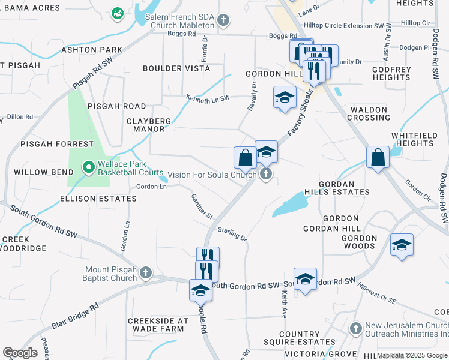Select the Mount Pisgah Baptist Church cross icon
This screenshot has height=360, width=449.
pyautogui.click(x=146, y=274)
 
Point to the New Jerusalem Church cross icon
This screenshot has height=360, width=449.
pyautogui.click(x=356, y=328)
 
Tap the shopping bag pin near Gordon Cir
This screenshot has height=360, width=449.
pyautogui.click(x=377, y=158)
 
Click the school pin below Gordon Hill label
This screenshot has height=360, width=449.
pyautogui.click(x=285, y=97)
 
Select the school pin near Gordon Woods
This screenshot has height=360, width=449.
pyautogui.click(x=402, y=245)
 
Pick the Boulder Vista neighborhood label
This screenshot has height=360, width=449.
pyautogui.click(x=176, y=68)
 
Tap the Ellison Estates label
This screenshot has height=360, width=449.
pyautogui.click(x=98, y=198)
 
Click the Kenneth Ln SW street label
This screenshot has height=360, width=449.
pyautogui.click(x=208, y=98)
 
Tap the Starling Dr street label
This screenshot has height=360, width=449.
pyautogui.click(x=232, y=233)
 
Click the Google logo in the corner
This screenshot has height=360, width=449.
pyautogui.click(x=20, y=353)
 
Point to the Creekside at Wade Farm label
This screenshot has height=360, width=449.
pyautogui.click(x=156, y=325)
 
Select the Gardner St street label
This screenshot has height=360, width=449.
pyautogui.click(x=202, y=206)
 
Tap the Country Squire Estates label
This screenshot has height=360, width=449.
pyautogui.click(x=307, y=338)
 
